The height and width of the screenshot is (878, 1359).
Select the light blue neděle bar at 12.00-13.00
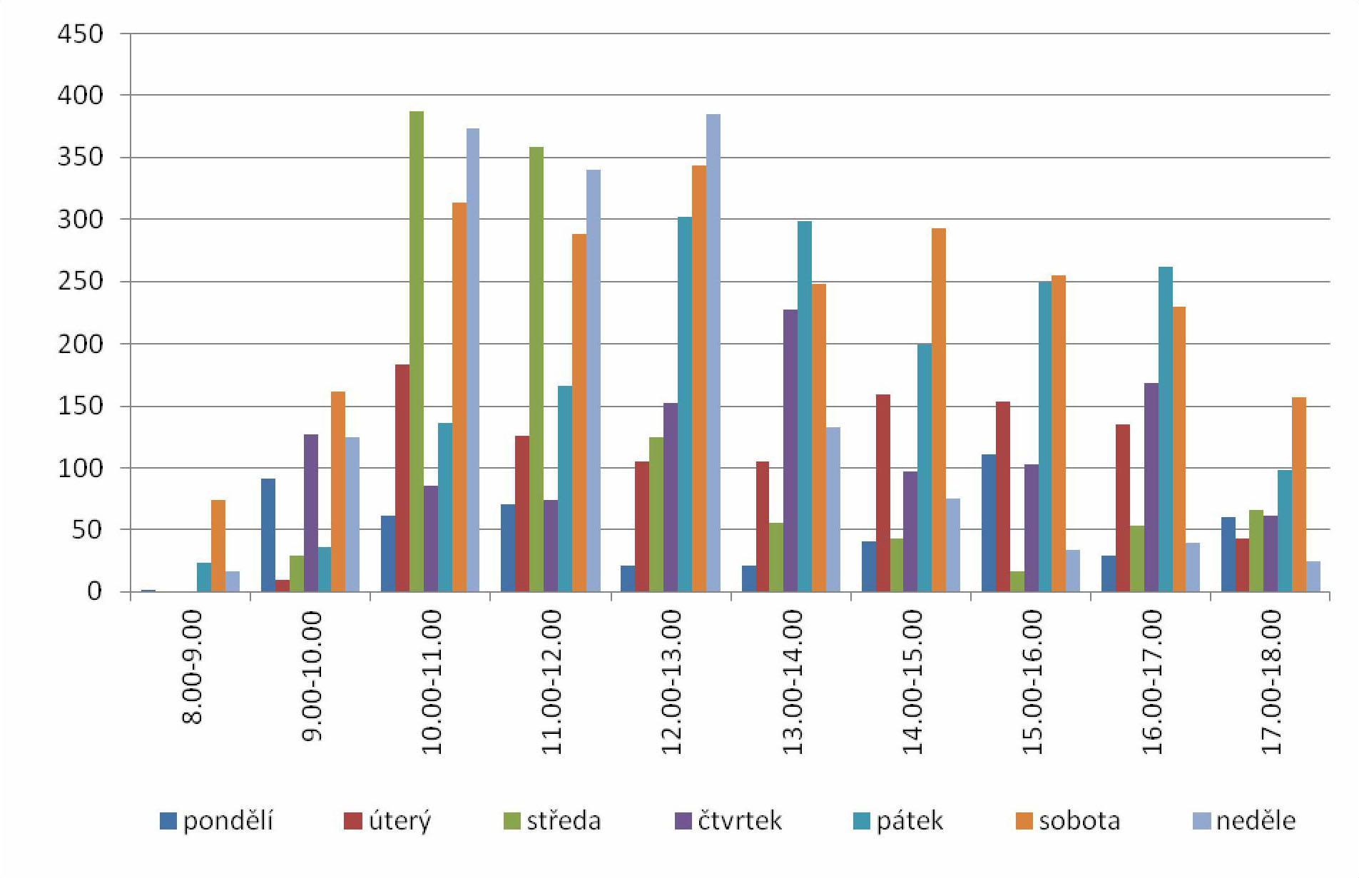click(x=713, y=352)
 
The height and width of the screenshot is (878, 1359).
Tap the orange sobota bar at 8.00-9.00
click(x=218, y=546)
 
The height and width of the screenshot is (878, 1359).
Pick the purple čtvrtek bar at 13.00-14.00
click(x=790, y=450)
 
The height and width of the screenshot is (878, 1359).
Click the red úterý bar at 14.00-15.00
click(x=882, y=493)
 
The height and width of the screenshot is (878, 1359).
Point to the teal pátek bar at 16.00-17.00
click(x=1165, y=429)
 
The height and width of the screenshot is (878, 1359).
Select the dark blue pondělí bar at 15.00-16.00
click(x=988, y=523)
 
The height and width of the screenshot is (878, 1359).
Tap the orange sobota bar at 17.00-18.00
click(x=1298, y=494)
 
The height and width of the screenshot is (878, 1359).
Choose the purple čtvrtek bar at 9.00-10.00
click(x=311, y=513)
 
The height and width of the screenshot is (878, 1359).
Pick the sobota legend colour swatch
click(x=1024, y=822)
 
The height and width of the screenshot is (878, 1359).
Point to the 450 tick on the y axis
click(x=81, y=34)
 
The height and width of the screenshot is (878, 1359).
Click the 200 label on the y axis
click(x=81, y=344)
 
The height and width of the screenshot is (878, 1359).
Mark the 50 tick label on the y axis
click(x=87, y=530)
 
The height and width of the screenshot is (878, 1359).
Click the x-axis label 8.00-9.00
click(x=193, y=667)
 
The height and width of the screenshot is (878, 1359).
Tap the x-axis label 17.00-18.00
click(x=1271, y=682)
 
